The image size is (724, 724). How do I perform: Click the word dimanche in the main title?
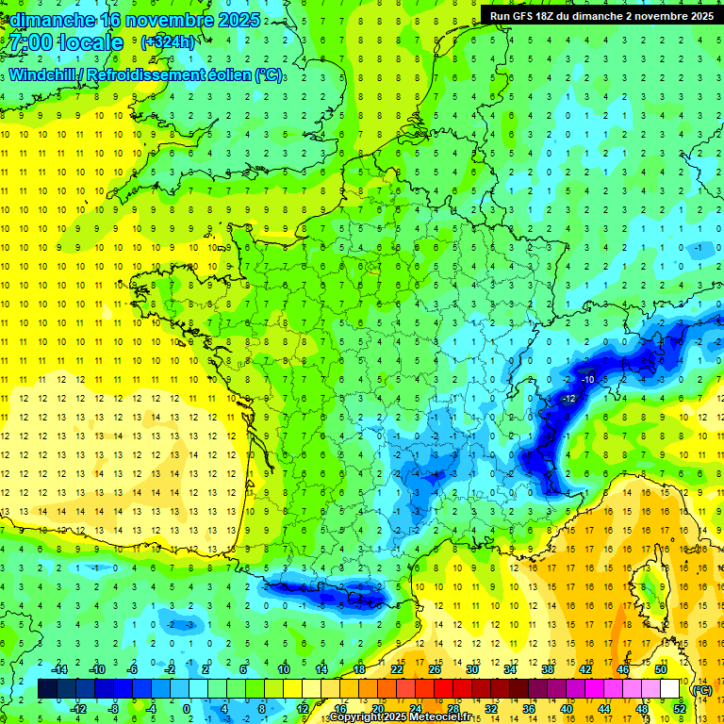click(49, 19)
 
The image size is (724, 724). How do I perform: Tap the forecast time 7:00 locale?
click(65, 42)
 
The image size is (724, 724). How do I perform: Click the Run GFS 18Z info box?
click(601, 15)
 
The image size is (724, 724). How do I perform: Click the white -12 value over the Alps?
click(568, 400)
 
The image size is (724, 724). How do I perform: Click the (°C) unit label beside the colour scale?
click(701, 690)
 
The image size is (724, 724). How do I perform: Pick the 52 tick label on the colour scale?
click(679, 709)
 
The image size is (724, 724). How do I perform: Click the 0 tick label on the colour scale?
click(186, 709)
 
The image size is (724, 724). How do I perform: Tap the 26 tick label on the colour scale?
click(435, 668)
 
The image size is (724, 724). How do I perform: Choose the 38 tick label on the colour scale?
click(547, 668)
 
